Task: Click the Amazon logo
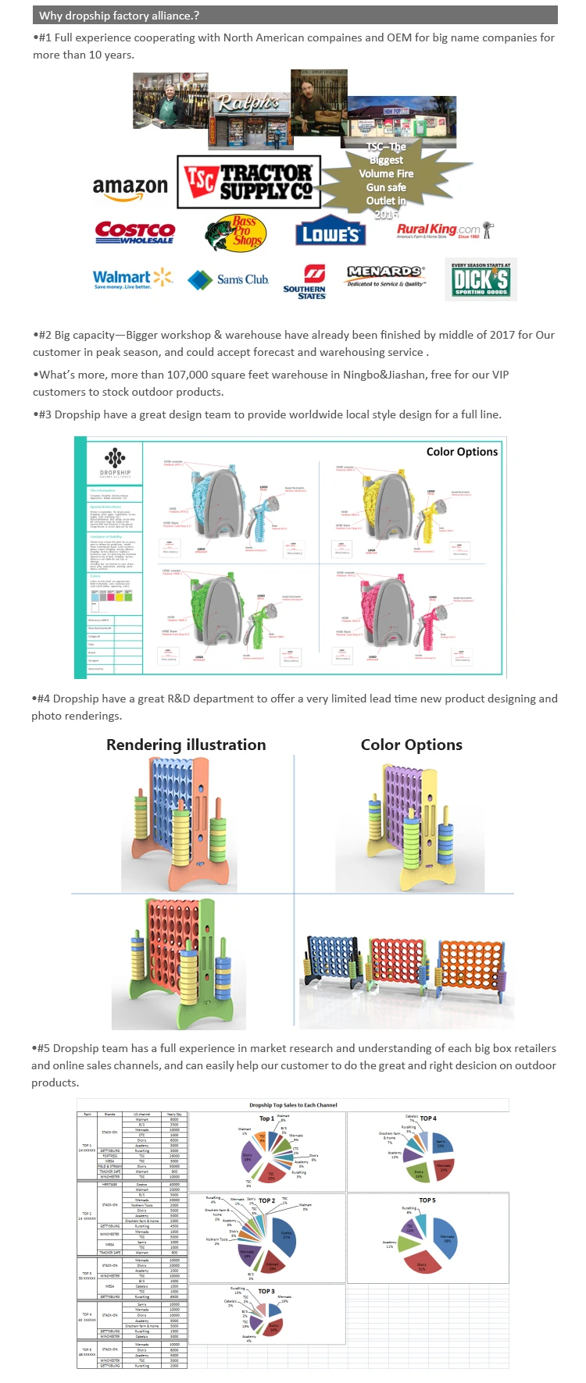130,188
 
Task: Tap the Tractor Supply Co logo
248,182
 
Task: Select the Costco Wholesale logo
134,232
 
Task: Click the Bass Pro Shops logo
236,233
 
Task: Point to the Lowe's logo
331,233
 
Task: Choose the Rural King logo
442,230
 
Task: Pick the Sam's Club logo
229,279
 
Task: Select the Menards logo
386,276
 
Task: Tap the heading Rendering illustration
186,745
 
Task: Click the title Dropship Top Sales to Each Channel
293,1104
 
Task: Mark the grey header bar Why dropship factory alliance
295,15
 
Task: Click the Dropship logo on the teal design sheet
115,462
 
